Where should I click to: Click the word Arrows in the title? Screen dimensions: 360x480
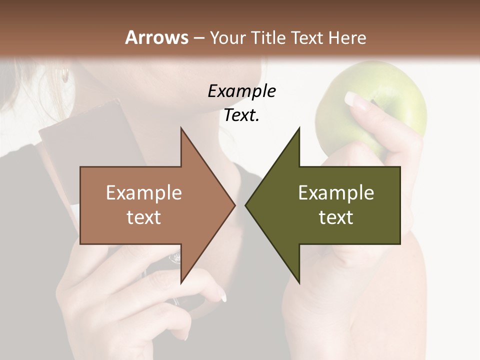tap(156, 37)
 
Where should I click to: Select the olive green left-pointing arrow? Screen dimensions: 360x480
tap(335, 205)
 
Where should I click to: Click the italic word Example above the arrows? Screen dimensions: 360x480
tap(241, 91)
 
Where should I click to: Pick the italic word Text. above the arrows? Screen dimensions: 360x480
tap(241, 115)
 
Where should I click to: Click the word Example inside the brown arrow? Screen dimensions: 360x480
tap(144, 192)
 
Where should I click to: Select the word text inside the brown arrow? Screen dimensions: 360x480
tap(144, 217)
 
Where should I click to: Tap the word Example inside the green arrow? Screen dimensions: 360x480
tap(336, 192)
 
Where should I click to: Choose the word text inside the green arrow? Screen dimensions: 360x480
tap(336, 217)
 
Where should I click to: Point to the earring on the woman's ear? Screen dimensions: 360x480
tap(65, 75)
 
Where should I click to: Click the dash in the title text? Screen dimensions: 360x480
tap(198, 38)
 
